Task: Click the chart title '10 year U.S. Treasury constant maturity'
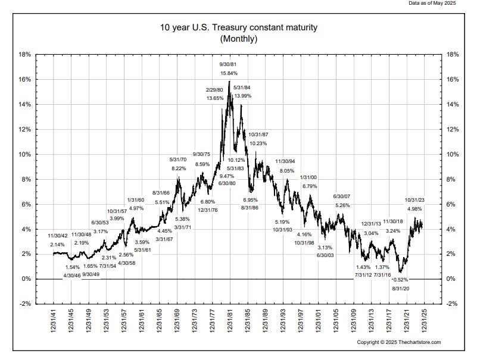238,27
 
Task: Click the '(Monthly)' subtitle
238,39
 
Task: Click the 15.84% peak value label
229,73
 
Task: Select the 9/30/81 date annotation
229,64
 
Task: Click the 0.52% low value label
400,280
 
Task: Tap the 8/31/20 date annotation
400,289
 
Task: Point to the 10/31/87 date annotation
258,134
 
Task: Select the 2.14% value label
57,245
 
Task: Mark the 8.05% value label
286,171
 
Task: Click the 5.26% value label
342,205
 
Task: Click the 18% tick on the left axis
25,54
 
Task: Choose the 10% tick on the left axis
25,154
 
